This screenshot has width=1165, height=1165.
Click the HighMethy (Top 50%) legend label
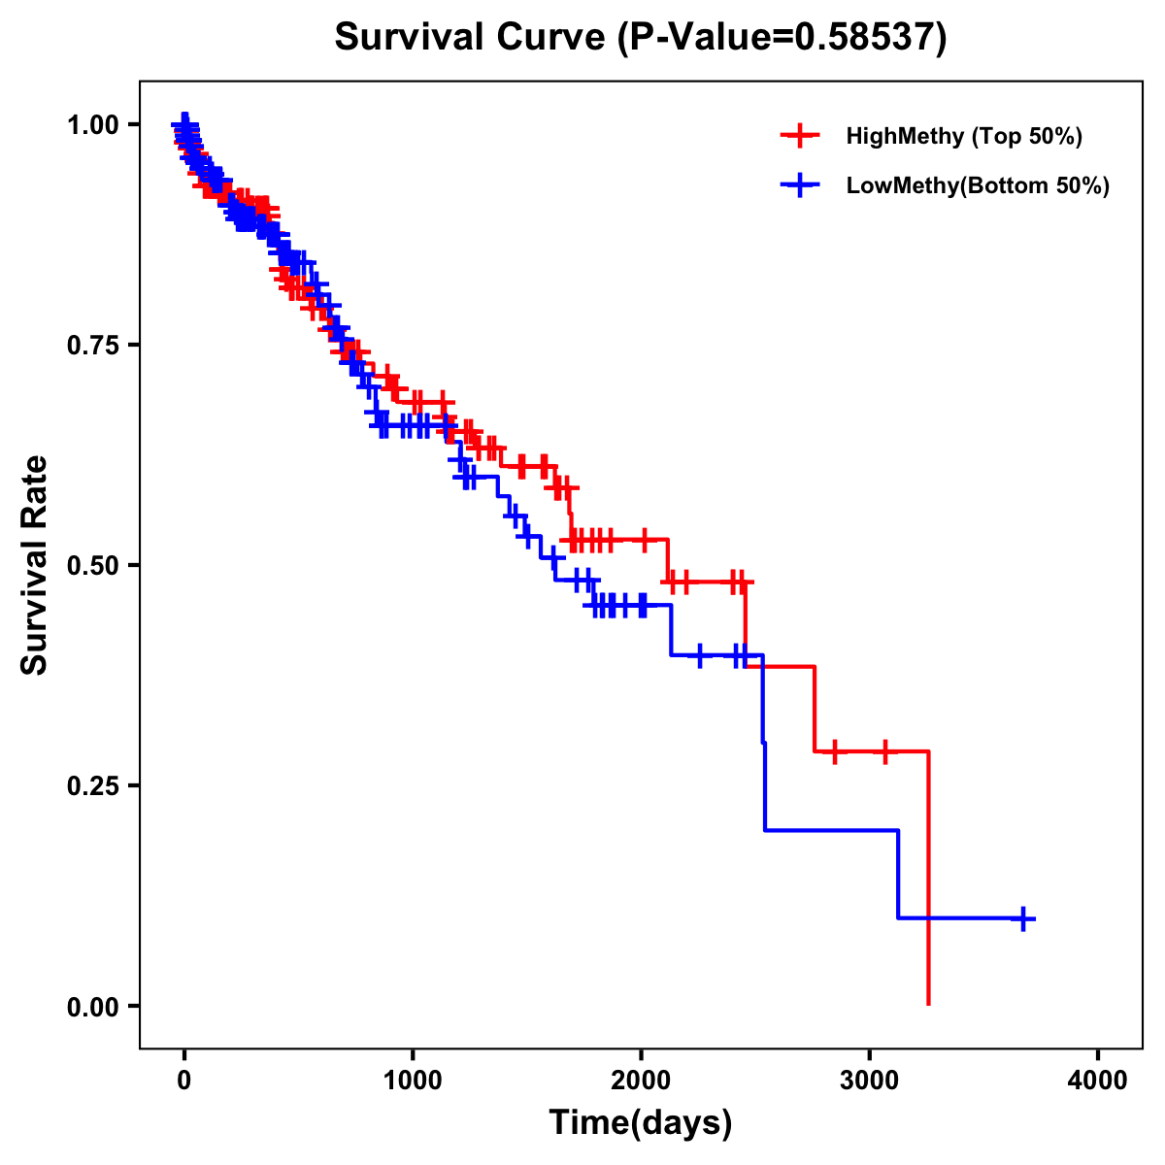(x=963, y=136)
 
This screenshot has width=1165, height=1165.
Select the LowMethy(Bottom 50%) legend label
(x=978, y=185)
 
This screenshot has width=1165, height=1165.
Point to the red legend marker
(x=800, y=136)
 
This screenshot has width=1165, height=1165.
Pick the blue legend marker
(x=800, y=185)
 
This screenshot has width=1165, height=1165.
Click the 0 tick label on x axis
(x=184, y=1081)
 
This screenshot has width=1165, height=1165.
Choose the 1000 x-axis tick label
(x=413, y=1081)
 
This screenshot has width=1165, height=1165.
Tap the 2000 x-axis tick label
(x=641, y=1081)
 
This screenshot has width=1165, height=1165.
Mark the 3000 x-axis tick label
(x=870, y=1081)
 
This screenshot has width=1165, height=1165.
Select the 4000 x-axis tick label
(x=1098, y=1081)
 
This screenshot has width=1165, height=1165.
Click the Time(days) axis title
(x=641, y=1123)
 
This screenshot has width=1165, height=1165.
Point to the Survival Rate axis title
(x=35, y=565)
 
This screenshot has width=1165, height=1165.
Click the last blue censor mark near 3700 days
(x=1023, y=918)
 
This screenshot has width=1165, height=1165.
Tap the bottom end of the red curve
(x=929, y=1003)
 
